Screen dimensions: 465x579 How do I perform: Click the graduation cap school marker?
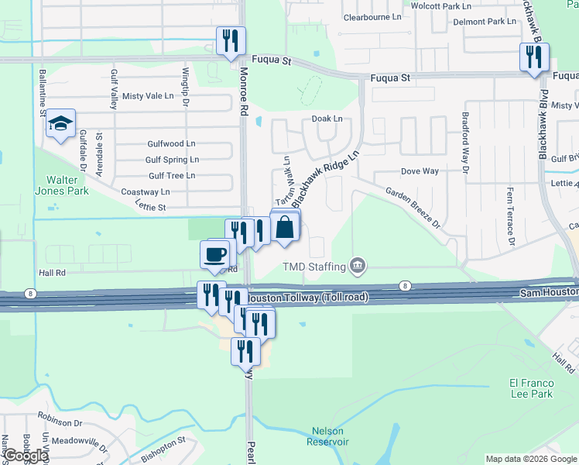coord(60,124)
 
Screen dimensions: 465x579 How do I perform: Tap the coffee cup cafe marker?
coord(216,253)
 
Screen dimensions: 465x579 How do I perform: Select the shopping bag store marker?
coord(285,227)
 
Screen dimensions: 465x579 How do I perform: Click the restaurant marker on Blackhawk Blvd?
coord(533,57)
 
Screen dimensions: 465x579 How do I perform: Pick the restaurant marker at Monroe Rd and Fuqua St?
coord(230,42)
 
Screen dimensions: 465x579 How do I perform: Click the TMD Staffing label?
coord(314,267)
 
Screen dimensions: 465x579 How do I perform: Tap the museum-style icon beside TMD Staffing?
coord(357,267)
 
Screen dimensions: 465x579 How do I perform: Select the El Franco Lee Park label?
coord(530,388)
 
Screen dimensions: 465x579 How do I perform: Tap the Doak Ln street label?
coord(327,119)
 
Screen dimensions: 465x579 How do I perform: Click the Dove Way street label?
coord(420,170)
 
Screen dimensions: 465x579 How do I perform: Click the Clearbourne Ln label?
coord(372,16)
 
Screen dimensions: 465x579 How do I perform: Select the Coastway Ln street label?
coord(145,191)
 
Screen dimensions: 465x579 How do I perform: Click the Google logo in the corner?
coord(26,456)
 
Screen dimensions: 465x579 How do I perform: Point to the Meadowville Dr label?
coord(80,442)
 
